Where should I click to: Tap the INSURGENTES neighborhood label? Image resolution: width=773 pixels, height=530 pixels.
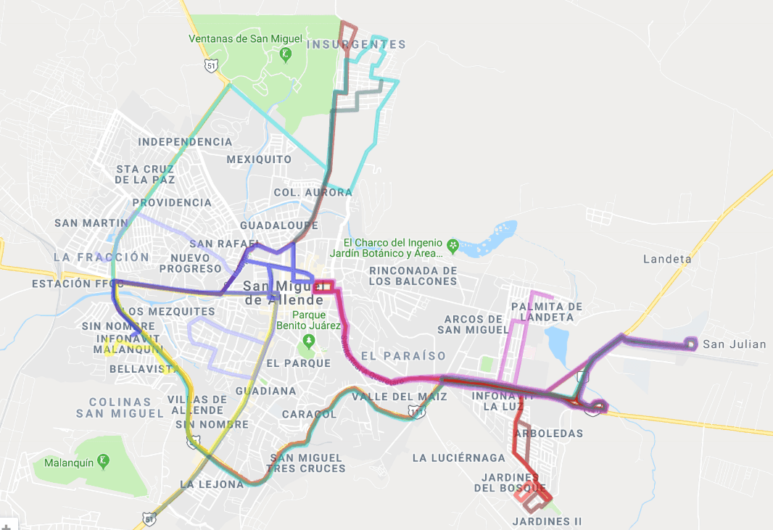coord(356,44)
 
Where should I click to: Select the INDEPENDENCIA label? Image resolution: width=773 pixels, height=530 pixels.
coord(185,141)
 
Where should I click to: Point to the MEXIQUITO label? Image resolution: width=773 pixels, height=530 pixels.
coord(259,159)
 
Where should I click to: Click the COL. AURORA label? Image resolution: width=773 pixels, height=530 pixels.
coord(313,192)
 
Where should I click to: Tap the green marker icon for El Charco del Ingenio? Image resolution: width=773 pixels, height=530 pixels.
coord(453,244)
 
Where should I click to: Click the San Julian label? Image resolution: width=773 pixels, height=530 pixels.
coord(734,344)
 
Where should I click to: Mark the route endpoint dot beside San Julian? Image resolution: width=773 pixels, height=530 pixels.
coord(692,344)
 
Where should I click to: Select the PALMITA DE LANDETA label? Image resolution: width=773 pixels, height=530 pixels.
coord(547,312)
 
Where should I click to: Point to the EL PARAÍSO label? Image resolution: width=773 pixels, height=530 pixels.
coord(403,356)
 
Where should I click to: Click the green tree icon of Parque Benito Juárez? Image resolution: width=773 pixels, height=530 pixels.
coord(310,339)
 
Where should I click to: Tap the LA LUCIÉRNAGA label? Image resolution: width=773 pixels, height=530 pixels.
coord(458,457)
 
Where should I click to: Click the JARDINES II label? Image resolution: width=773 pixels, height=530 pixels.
coord(547,521)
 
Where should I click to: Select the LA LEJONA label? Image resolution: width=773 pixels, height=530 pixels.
coord(212,484)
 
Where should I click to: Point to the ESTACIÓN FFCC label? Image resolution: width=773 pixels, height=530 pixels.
coord(73,284)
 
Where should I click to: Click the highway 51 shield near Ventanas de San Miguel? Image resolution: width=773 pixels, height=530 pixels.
coord(210,65)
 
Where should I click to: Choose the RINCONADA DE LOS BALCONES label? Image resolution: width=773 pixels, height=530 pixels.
coord(413,276)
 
